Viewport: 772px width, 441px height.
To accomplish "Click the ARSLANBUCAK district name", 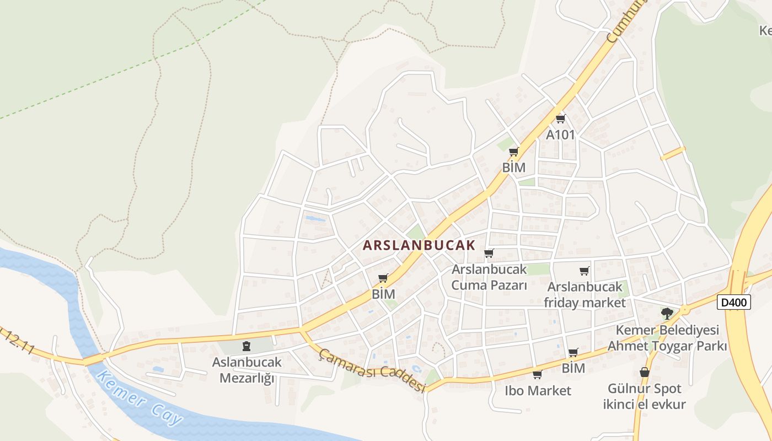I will click(x=419, y=245).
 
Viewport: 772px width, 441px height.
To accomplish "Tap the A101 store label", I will click(x=560, y=135).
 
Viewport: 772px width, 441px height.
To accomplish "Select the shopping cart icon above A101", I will click(x=561, y=119).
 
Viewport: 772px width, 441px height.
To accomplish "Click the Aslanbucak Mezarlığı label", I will click(x=246, y=370).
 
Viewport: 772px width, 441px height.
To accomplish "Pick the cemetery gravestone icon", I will click(x=246, y=346).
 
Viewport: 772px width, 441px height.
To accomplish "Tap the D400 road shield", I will click(x=734, y=302).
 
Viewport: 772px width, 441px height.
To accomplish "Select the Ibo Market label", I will click(x=538, y=391).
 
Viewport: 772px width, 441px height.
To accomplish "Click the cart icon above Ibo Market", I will click(x=537, y=375).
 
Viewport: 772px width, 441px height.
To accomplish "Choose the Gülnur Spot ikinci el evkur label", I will click(x=644, y=396).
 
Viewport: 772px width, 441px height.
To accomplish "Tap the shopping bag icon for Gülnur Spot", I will click(x=644, y=373).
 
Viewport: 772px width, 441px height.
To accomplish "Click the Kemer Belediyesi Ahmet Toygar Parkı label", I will click(x=667, y=338).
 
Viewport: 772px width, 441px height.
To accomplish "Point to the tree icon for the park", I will click(x=667, y=314).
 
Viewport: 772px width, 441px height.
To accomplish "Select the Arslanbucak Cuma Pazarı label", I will click(x=489, y=277).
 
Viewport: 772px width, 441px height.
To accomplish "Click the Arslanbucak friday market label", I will click(x=585, y=295).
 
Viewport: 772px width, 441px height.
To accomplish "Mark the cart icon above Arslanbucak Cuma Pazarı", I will click(x=489, y=254).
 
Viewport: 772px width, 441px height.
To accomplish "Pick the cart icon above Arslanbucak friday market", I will click(x=585, y=271).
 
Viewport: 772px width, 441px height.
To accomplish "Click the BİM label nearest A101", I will click(x=513, y=167).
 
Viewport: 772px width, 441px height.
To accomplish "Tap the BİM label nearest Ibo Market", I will click(x=573, y=368).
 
